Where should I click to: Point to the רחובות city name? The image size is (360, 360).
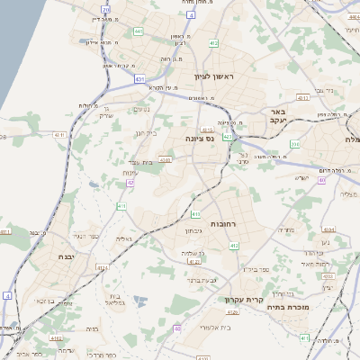[223, 222]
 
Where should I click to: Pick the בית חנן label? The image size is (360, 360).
[145, 133]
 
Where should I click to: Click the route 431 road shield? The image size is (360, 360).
[140, 79]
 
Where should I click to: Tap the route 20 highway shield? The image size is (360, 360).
[105, 10]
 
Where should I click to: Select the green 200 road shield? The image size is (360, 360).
[294, 143]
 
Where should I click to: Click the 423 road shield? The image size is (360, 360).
[228, 137]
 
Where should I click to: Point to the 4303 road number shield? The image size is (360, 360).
[165, 159]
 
